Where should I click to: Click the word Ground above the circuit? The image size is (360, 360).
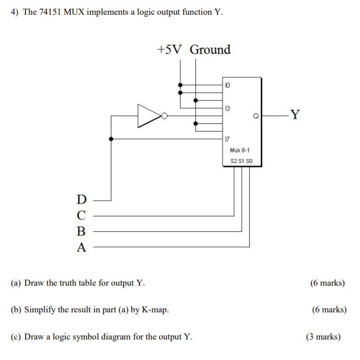[210, 49]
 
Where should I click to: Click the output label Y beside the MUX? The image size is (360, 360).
[295, 115]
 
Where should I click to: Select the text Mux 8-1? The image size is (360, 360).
[239, 150]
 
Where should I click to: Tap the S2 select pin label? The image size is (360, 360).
[234, 161]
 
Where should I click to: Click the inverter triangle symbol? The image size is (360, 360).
[148, 115]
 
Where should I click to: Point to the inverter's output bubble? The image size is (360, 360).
[164, 115]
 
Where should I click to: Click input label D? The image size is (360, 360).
[81, 200]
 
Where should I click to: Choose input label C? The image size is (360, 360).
[81, 215]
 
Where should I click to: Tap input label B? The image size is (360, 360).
[81, 231]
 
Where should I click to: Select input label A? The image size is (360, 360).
[81, 247]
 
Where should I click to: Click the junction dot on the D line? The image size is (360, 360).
[111, 138]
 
